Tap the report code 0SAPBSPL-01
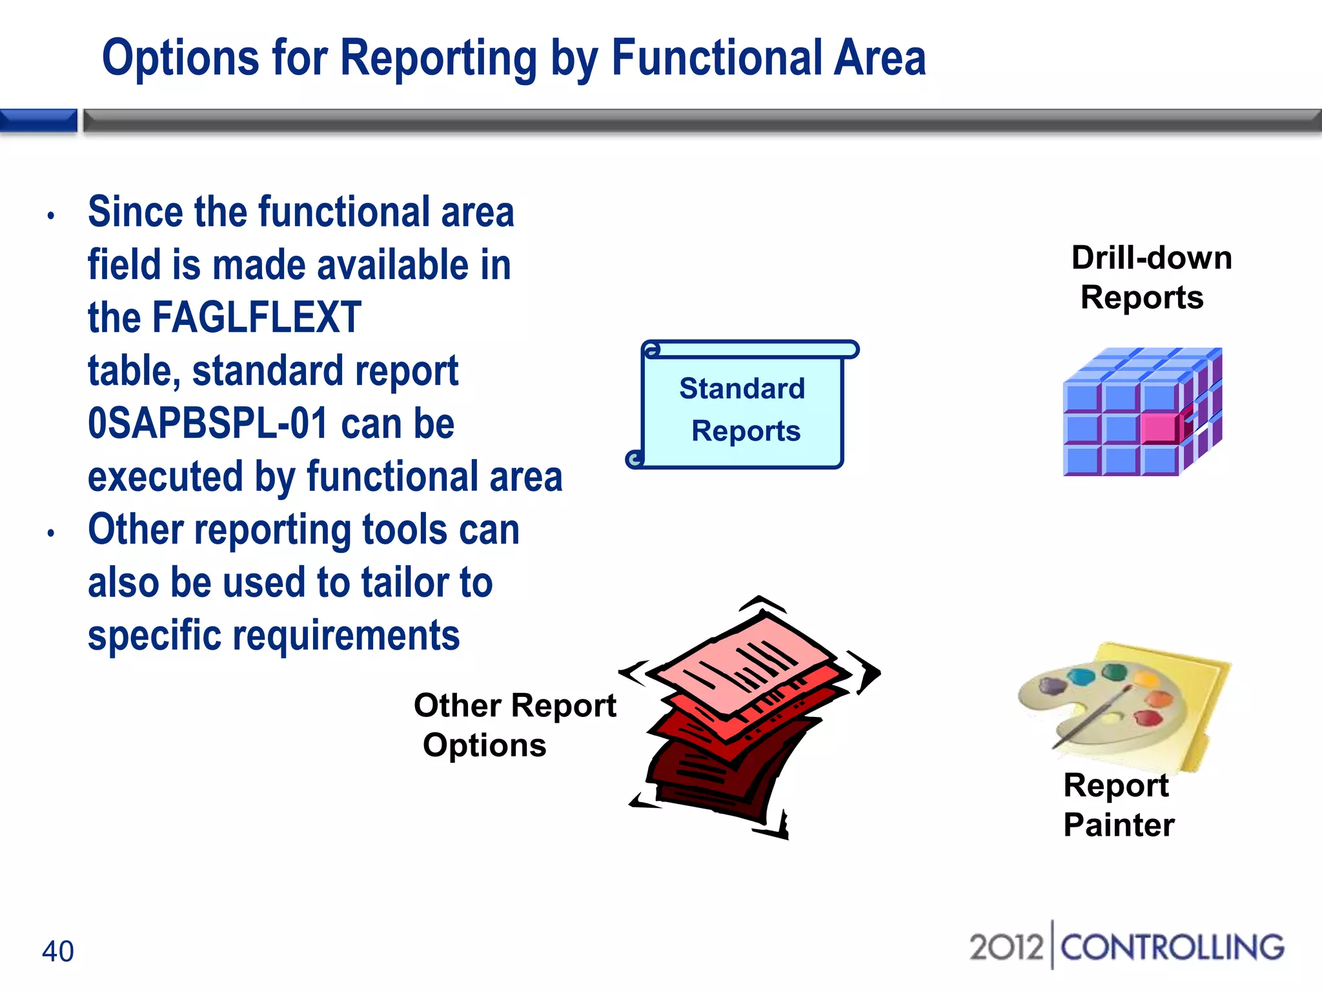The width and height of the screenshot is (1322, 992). [x=208, y=424]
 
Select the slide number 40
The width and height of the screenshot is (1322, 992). [x=57, y=951]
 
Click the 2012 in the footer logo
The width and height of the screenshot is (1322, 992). [x=1006, y=947]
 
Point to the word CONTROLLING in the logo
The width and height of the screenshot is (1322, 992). [x=1172, y=947]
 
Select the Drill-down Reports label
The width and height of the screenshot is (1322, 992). [x=1150, y=278]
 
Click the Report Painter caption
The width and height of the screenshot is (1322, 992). [x=1118, y=805]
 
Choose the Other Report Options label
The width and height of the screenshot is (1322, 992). [x=514, y=725]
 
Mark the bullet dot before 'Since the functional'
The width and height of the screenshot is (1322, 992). [x=51, y=216]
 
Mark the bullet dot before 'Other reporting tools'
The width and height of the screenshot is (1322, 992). [x=51, y=533]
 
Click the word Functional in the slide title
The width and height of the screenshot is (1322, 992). [x=716, y=58]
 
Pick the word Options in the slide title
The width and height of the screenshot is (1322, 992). [x=180, y=58]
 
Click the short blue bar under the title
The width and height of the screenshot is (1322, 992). [x=39, y=121]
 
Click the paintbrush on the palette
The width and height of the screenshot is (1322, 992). [x=1091, y=717]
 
